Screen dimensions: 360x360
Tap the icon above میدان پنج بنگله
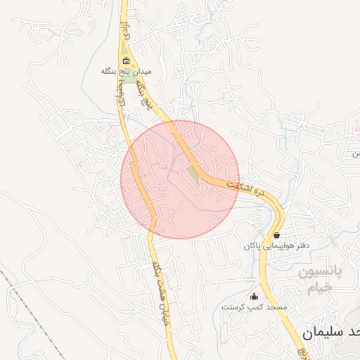[126, 60]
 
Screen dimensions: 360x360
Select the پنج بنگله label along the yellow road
[145, 94]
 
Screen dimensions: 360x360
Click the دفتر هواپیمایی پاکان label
[276, 246]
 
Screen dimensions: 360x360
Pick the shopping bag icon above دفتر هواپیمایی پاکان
[276, 236]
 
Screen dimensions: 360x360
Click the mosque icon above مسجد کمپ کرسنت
[254, 297]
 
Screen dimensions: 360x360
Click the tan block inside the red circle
[193, 172]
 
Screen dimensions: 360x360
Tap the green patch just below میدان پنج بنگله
[129, 79]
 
